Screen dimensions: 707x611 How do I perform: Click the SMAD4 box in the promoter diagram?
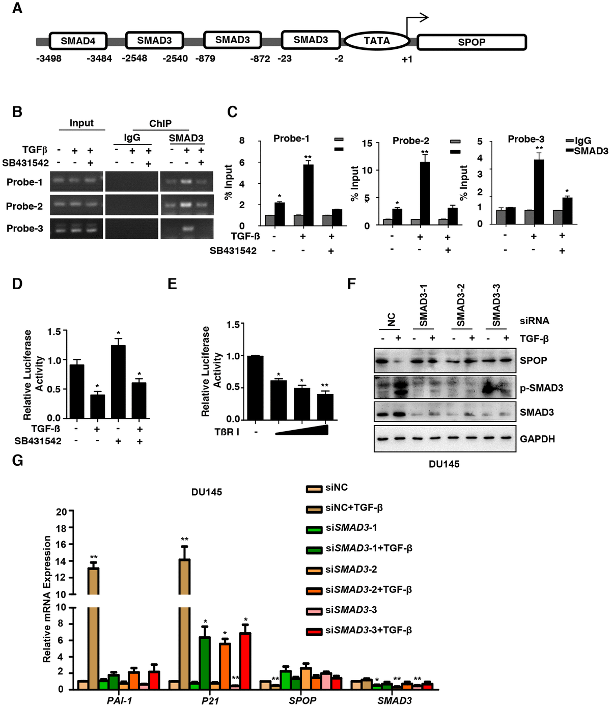coord(78,41)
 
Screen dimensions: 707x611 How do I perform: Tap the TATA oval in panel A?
coord(377,41)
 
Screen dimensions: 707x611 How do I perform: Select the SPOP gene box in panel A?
coord(471,42)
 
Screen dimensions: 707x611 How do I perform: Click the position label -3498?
coord(49,59)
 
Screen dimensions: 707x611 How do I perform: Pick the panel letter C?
coord(232,112)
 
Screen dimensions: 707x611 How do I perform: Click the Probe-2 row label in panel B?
coord(24,206)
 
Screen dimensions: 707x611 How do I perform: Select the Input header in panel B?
coord(81,123)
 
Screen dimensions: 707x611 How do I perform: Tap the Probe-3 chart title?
coord(526,139)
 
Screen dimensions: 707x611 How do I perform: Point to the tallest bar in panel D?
coord(118,381)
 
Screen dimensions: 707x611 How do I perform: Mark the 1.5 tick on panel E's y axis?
coord(233,325)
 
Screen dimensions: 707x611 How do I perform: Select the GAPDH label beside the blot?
coord(537,439)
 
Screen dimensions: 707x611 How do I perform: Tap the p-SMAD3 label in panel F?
coord(541,388)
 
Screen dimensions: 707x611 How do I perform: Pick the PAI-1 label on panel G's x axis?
coord(119,700)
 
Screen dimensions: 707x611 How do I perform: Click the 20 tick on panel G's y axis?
coord(62,512)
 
